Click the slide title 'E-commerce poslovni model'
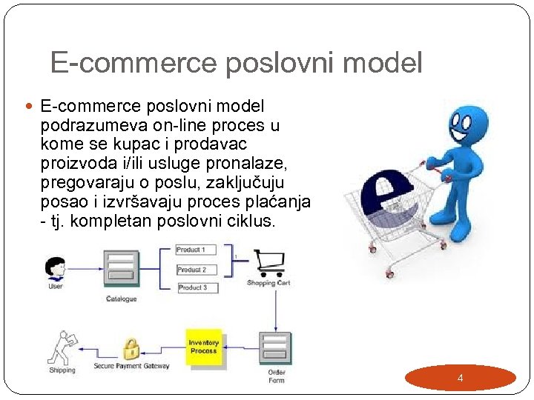(236, 63)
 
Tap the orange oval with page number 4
(461, 378)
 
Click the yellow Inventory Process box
(203, 347)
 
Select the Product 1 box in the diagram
(197, 250)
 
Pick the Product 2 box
(197, 270)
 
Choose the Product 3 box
(197, 287)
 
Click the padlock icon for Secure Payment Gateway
(131, 348)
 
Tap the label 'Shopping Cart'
(268, 283)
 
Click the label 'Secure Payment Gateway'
(131, 366)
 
